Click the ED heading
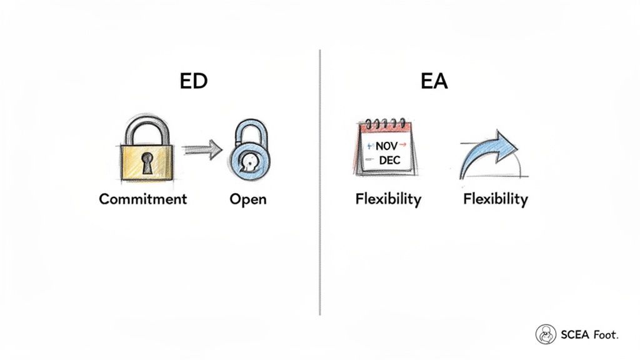click(193, 82)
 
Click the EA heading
click(434, 82)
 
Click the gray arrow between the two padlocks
click(202, 149)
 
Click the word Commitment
click(142, 199)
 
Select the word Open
click(248, 199)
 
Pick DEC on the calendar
click(389, 161)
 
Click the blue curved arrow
click(491, 153)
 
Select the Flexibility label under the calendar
click(388, 199)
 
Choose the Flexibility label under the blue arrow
click(496, 199)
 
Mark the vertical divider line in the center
click(320, 181)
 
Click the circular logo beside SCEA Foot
click(546, 334)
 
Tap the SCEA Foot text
click(588, 335)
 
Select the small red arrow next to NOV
click(402, 145)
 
